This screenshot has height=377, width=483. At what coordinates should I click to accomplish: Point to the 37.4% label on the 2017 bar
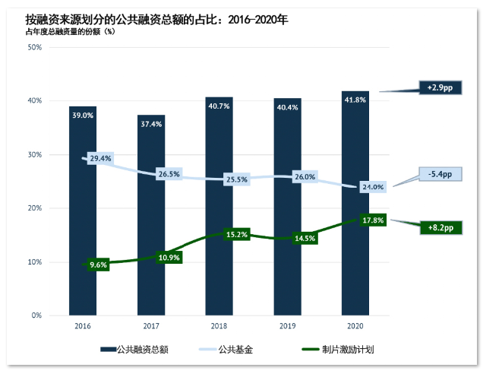click(150, 124)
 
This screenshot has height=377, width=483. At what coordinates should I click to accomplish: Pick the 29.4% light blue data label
click(100, 159)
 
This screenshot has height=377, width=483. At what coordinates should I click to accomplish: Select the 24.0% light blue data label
click(372, 186)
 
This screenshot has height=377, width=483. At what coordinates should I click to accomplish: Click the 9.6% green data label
click(99, 265)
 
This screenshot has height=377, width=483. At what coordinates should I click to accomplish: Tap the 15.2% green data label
click(236, 234)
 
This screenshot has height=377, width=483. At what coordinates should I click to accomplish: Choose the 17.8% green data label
click(372, 220)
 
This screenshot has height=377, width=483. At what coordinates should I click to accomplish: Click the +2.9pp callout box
click(439, 88)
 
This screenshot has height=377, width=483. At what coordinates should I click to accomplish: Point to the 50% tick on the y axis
click(34, 47)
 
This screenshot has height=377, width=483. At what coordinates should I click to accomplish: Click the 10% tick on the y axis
click(34, 262)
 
